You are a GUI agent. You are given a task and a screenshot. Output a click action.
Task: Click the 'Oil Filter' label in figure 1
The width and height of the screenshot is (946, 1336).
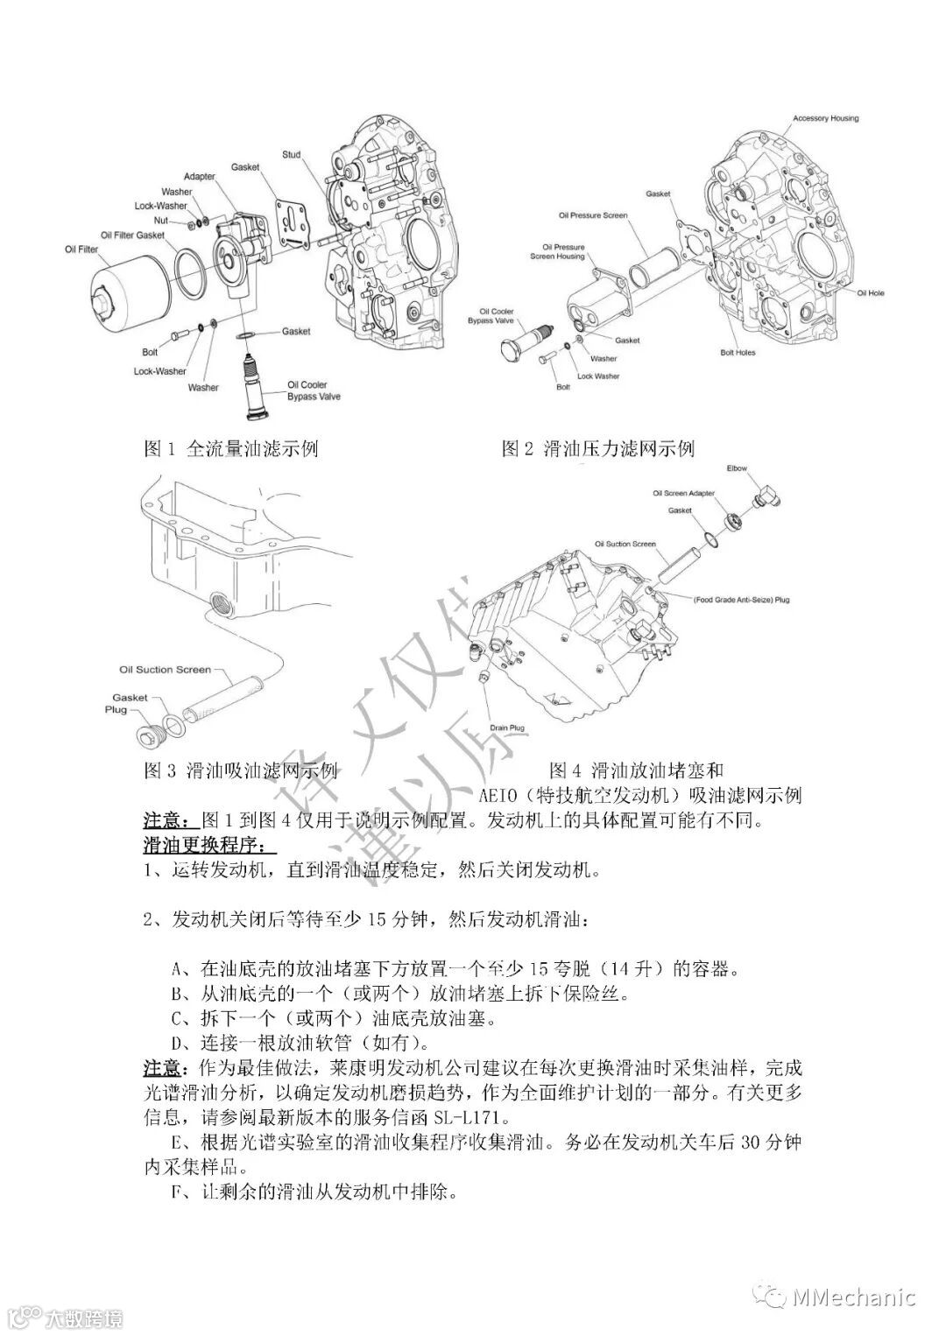(81, 249)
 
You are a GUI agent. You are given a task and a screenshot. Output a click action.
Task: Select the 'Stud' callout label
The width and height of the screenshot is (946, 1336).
(291, 155)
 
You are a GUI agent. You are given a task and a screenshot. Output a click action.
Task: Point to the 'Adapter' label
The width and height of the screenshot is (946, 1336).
(199, 177)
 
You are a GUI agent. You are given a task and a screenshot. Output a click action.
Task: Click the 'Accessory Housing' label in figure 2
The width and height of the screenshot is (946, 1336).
(825, 118)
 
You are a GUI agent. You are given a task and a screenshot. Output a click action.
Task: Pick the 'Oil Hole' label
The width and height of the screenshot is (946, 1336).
(870, 293)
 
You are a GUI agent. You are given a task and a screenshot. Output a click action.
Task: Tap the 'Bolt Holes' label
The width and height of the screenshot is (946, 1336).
(738, 353)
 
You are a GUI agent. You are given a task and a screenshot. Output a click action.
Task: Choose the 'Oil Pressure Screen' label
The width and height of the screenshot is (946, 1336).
(592, 215)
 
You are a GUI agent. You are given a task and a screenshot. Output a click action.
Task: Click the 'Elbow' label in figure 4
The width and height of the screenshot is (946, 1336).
(737, 468)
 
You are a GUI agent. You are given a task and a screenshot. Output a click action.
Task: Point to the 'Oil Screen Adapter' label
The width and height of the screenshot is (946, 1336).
(684, 494)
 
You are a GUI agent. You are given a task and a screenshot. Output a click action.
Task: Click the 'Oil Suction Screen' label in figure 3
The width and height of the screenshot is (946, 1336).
(166, 670)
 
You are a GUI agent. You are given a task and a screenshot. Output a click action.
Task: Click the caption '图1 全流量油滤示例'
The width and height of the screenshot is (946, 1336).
(230, 449)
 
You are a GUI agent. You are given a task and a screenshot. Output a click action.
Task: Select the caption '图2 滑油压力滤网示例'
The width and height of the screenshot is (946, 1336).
(597, 449)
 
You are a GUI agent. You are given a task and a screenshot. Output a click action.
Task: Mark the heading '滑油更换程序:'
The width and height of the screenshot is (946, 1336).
(208, 847)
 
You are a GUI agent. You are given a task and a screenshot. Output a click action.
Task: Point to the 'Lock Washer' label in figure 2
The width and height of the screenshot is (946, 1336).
(598, 376)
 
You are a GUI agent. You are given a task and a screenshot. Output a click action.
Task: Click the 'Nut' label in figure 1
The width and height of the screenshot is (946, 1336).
(160, 221)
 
